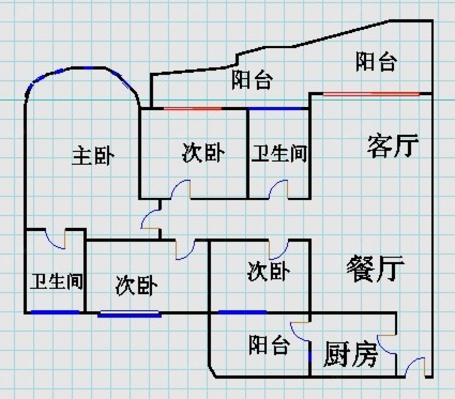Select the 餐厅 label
pyautogui.click(x=375, y=268)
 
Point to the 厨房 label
pyautogui.click(x=350, y=354)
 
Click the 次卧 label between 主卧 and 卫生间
pyautogui.click(x=203, y=153)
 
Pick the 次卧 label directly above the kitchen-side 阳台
pyautogui.click(x=268, y=271)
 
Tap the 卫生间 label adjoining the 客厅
pyautogui.click(x=279, y=154)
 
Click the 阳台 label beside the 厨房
pyautogui.click(x=269, y=345)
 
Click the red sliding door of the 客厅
pyautogui.click(x=371, y=94)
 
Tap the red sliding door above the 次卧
pyautogui.click(x=192, y=109)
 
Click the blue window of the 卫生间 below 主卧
pyautogui.click(x=55, y=312)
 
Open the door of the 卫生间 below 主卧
pyautogui.click(x=56, y=239)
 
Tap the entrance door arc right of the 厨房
pyautogui.click(x=415, y=367)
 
